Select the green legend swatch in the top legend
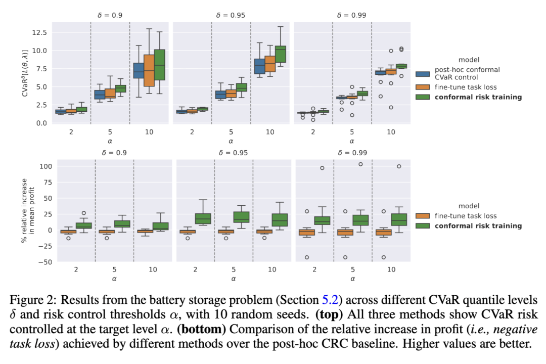pyautogui.click(x=422, y=97)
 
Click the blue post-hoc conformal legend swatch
pyautogui.click(x=422, y=73)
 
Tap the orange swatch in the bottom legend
pyautogui.click(x=422, y=216)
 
